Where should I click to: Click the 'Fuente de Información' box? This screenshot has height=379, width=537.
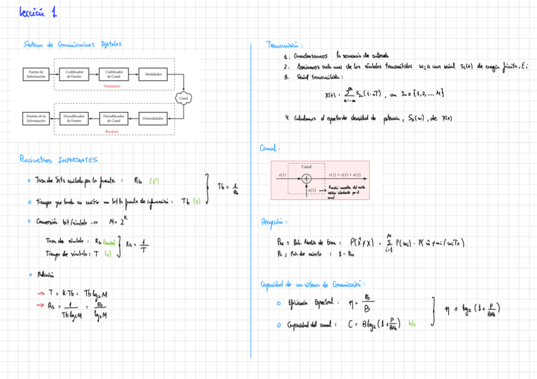35,74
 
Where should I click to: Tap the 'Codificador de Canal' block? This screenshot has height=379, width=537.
114,74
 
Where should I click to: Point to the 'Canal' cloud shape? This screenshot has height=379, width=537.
184,98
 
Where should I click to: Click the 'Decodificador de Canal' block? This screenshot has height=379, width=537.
114,118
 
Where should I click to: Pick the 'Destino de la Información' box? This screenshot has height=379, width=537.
35,118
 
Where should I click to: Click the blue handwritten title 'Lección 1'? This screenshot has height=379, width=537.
37,12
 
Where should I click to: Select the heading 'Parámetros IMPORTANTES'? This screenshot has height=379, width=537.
58,160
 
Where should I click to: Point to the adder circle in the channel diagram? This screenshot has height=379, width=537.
306,178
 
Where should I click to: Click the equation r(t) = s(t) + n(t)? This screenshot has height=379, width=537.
344,174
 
